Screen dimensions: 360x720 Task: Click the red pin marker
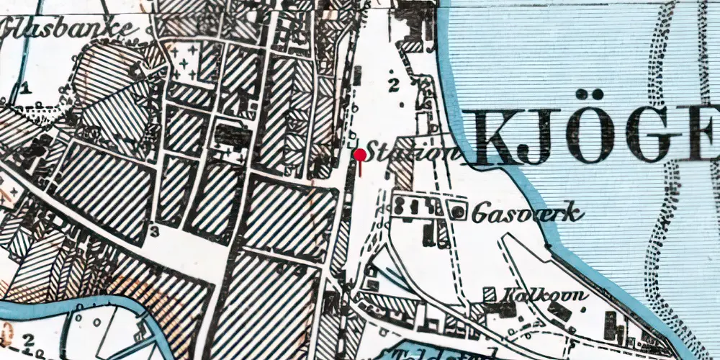tap(359, 155)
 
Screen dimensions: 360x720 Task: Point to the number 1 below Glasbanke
tap(26, 88)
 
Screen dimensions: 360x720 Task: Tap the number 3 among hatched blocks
tap(154, 230)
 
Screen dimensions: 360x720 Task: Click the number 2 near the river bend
tap(29, 338)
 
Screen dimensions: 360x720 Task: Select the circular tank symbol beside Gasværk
tap(457, 211)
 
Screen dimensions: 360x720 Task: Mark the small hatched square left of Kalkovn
tap(490, 294)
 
